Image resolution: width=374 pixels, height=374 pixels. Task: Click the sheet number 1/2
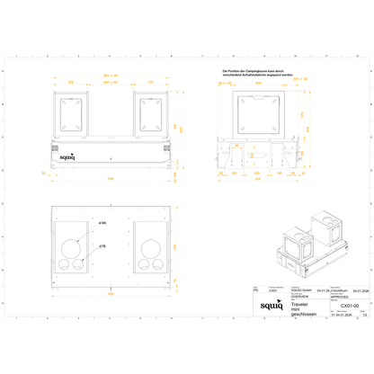click(363, 316)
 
